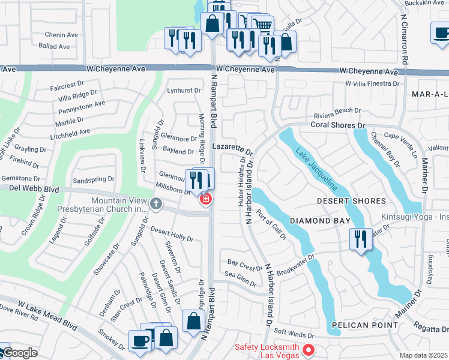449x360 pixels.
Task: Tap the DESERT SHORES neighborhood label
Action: coord(351,200)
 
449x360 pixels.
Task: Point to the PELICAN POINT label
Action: coord(365,325)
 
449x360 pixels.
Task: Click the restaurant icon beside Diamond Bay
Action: coord(360,239)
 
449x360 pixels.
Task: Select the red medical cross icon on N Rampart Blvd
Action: coord(206,199)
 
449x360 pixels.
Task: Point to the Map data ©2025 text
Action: coord(424,355)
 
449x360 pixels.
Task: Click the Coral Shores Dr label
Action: coord(337,125)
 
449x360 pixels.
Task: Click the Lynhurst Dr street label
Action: coord(183,90)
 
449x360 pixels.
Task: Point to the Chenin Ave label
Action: coord(61,35)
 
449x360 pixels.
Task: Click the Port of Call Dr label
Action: coord(271,225)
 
